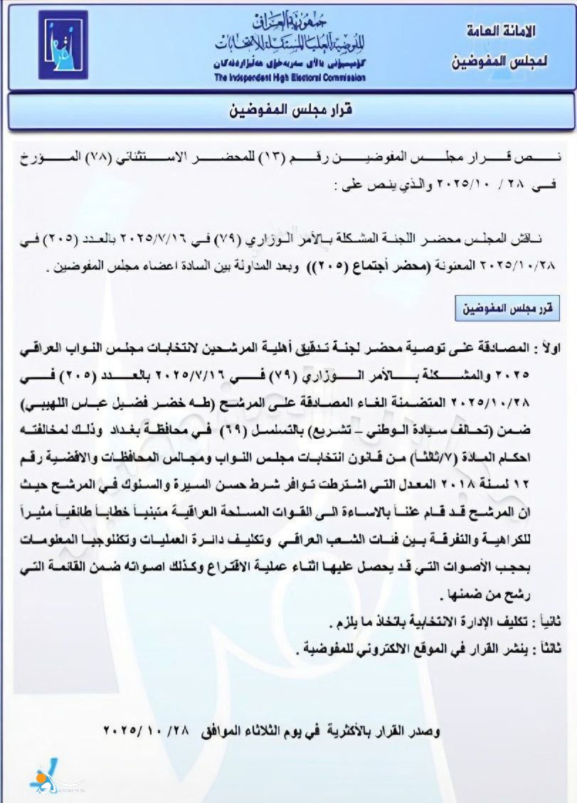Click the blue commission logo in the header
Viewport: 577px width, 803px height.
pyautogui.click(x=63, y=45)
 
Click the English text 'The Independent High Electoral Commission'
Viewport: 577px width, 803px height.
pyautogui.click(x=289, y=78)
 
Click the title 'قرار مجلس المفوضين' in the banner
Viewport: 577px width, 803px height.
pyautogui.click(x=292, y=110)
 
